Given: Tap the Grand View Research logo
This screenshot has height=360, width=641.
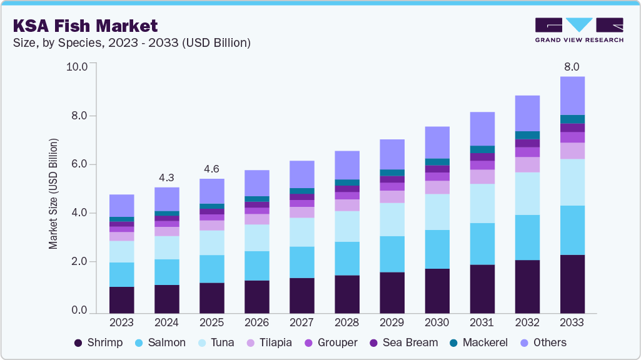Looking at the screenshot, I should click(578, 29).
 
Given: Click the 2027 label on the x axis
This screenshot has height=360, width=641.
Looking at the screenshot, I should click(301, 322).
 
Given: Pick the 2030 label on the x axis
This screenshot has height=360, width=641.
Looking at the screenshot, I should click(437, 322).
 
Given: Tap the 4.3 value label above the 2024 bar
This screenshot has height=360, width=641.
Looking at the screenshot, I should click(166, 177).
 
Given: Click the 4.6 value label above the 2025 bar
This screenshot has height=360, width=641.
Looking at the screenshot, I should click(211, 169).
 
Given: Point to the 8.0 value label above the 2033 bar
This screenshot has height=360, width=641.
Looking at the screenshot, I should click(572, 66).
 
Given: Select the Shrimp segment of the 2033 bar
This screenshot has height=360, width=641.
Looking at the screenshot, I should click(572, 284).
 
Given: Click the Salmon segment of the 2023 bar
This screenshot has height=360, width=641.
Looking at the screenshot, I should click(121, 274).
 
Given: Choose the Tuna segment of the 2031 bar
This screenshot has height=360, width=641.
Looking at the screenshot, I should click(482, 203).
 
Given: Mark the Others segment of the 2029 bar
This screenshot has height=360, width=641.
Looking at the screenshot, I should click(391, 154).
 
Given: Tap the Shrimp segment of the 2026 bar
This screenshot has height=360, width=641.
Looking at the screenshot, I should click(256, 296).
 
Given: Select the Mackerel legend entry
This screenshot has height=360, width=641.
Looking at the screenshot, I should click(478, 342).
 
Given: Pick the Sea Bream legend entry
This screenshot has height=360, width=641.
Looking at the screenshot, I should click(403, 342).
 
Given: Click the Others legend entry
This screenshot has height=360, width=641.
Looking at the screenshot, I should click(542, 342).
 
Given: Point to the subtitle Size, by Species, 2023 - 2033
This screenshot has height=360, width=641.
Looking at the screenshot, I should click(131, 42).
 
